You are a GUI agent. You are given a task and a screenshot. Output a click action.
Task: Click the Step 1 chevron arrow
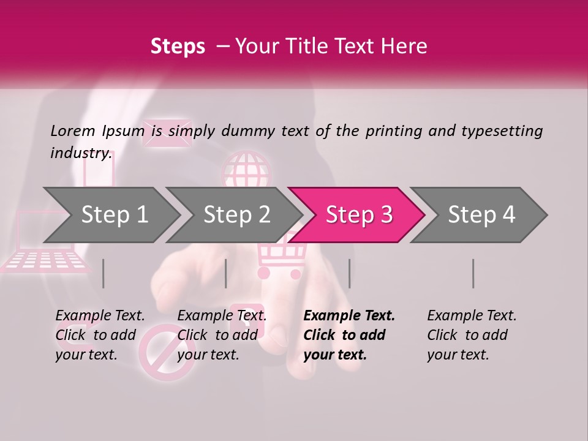click(113, 215)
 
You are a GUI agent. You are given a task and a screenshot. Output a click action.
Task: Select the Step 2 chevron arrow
click(236, 215)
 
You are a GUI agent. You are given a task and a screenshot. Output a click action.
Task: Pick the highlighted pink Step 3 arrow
click(358, 215)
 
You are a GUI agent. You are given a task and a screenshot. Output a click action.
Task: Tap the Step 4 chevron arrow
click(481, 215)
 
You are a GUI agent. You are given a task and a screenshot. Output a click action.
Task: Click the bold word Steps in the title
click(178, 46)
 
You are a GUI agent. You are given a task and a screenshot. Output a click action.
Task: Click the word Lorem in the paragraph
click(73, 131)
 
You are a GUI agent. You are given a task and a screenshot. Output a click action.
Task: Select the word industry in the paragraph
click(81, 153)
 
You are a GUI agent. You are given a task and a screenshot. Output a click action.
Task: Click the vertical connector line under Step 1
click(103, 273)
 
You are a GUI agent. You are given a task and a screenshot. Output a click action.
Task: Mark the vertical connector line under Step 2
click(226, 273)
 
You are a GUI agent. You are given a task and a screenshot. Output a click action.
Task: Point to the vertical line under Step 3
click(349, 273)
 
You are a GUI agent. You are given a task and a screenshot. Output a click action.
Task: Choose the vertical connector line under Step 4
click(473, 273)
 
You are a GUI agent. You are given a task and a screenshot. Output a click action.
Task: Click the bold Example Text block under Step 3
click(349, 335)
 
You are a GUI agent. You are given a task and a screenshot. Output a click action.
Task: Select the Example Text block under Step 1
click(100, 335)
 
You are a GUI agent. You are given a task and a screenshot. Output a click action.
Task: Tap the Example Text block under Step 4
click(472, 335)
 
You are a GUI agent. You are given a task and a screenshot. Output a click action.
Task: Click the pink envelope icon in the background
click(167, 133)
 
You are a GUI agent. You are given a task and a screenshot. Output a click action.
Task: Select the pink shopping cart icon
click(281, 261)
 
